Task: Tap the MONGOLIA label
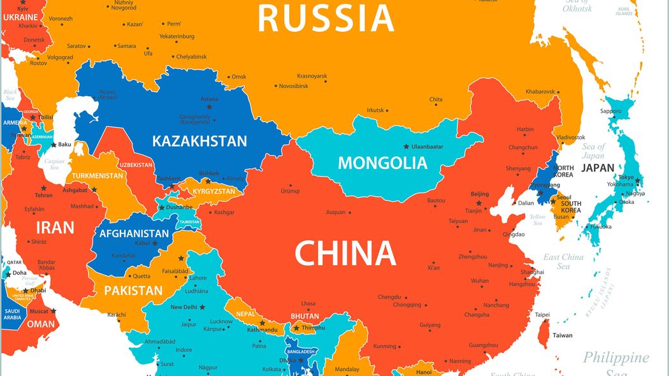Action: [382, 163]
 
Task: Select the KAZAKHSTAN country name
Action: [199, 141]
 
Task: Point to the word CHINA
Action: [345, 254]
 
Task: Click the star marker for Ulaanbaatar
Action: [406, 147]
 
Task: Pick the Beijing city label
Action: [479, 194]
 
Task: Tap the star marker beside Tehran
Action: [43, 189]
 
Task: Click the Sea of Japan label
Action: [593, 151]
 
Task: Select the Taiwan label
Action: [562, 335]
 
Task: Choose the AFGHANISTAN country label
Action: [134, 233]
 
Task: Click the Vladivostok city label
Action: [570, 137]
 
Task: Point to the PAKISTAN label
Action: [133, 291]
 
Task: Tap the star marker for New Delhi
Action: [202, 307]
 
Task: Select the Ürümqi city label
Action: [290, 191]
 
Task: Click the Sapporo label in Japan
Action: [610, 111]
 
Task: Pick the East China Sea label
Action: [563, 261]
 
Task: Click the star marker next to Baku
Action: [54, 145]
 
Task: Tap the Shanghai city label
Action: [532, 272]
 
